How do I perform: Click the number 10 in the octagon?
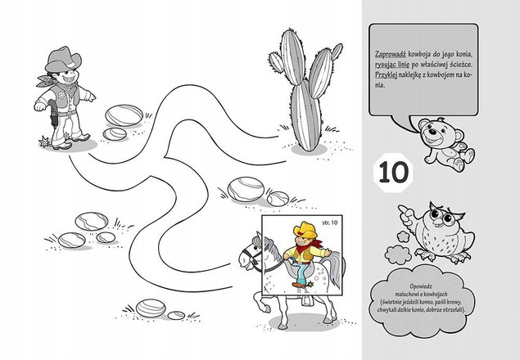393,172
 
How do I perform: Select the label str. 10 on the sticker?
330,223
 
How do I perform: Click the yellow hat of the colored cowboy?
305,230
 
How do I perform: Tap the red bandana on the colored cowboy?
307,247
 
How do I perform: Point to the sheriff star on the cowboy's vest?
61,96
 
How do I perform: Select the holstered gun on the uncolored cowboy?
54,114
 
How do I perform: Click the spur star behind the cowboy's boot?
44,142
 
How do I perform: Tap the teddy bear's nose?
432,132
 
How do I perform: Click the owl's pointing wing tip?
401,208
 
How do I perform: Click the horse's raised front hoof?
265,309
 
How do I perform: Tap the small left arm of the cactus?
276,62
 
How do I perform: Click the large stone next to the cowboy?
124,115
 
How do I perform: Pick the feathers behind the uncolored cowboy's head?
45,81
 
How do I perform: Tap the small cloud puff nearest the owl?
404,236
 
